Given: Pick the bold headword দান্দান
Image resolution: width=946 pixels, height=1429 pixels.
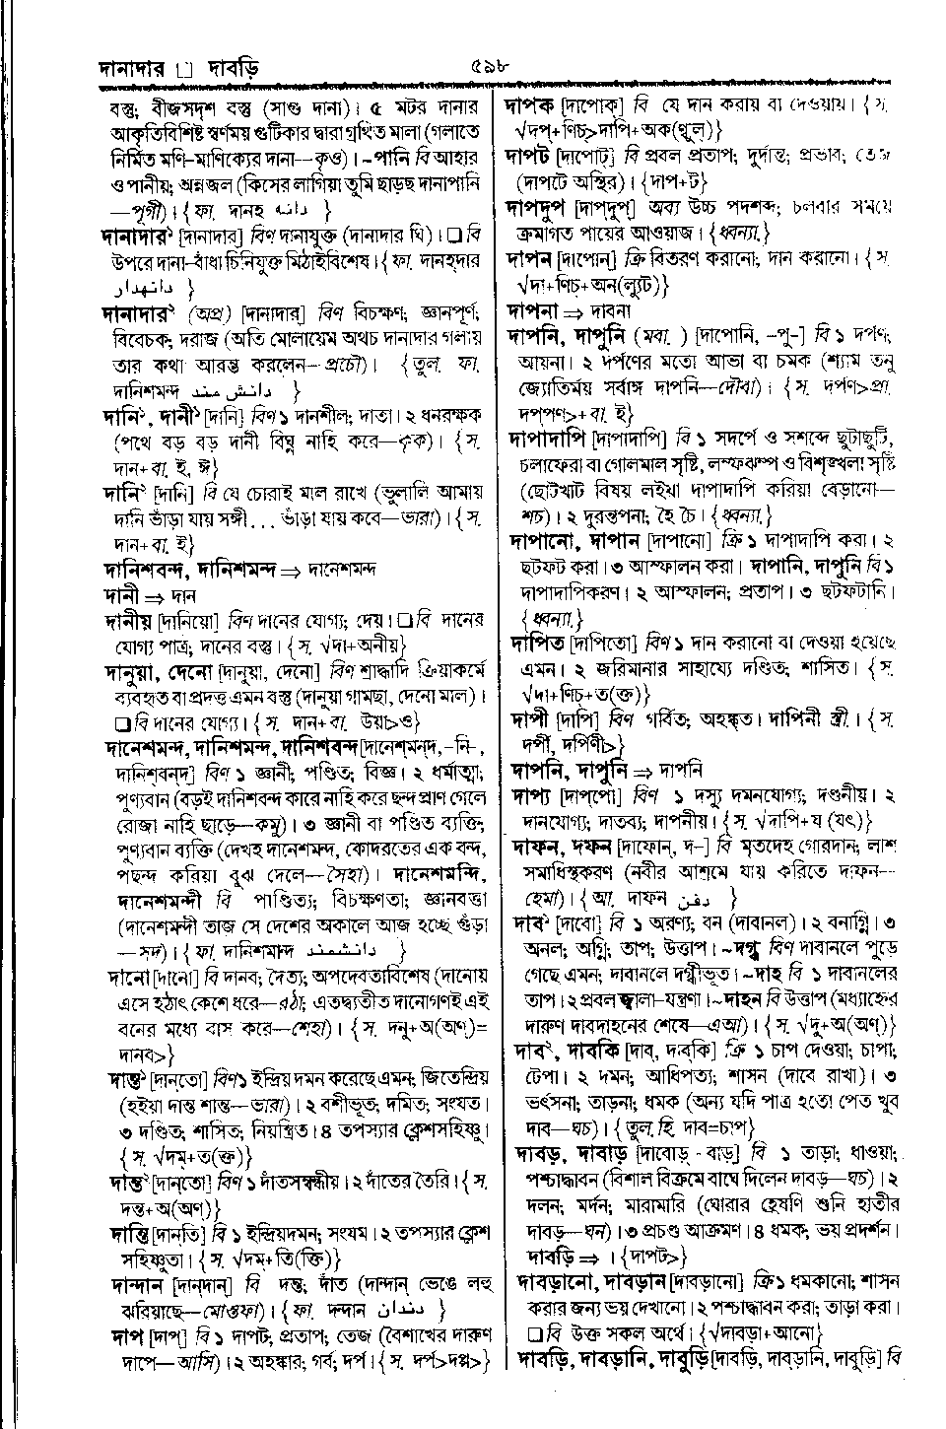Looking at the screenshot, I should tap(137, 1285).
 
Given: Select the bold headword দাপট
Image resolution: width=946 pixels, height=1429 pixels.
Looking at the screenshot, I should tap(530, 155).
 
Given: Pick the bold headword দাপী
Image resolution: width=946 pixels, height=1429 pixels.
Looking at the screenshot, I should tap(530, 719).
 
